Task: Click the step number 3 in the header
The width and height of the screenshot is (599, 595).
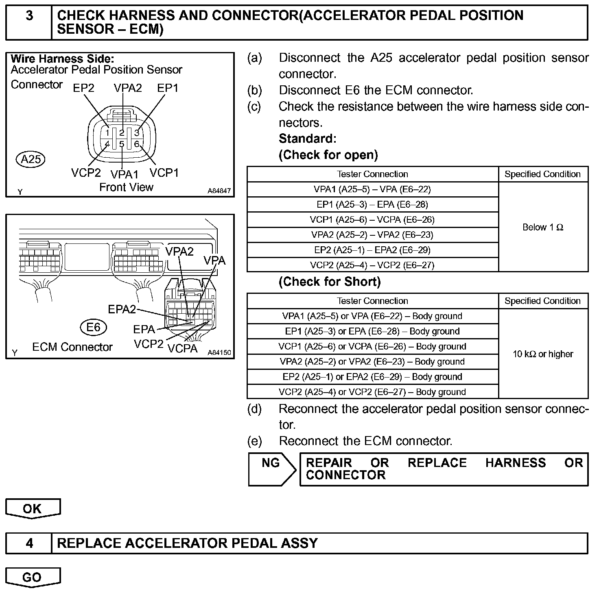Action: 29,16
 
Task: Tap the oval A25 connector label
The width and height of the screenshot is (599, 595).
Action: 31,159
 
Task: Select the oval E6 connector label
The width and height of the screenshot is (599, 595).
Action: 93,327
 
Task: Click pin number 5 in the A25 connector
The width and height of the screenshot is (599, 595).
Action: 122,144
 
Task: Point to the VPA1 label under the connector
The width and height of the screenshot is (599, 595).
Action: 125,174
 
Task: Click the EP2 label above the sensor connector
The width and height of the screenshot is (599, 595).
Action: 83,88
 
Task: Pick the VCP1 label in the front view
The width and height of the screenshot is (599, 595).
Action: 164,173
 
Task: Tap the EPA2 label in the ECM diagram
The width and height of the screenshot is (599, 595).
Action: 122,309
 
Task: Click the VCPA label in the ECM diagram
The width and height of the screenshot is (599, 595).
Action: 182,348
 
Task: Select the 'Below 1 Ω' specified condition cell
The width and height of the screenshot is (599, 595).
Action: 543,227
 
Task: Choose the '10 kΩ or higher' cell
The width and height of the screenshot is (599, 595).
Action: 543,354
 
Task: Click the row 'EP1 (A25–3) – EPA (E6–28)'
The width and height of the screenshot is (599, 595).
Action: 372,204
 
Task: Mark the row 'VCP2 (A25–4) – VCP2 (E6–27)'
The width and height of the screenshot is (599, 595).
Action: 372,265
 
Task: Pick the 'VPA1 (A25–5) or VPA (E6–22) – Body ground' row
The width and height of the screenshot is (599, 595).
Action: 372,316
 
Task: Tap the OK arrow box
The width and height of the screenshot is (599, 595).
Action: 33,508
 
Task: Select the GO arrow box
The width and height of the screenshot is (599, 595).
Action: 33,577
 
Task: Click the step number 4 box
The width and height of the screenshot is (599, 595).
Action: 29,543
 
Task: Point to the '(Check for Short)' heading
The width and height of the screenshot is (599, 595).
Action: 330,282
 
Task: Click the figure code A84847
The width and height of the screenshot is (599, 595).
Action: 219,191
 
